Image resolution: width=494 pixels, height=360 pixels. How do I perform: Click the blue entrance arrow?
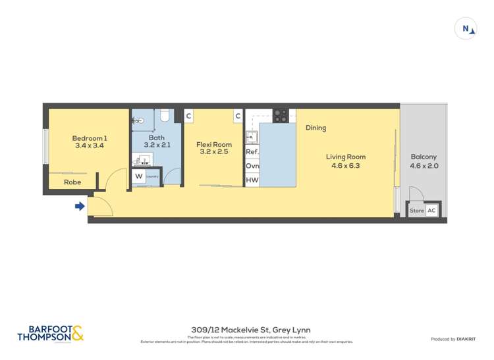point(80,207)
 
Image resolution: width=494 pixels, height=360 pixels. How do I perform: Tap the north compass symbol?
point(466,29)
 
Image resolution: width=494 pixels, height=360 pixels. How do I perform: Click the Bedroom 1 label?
point(88,138)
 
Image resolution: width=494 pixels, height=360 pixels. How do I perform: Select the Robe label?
point(72,182)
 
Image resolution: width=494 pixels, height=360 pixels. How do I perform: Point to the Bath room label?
point(156,138)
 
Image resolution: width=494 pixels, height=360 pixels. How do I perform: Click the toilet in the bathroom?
point(165,116)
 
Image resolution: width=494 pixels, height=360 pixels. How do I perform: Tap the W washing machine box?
point(138,176)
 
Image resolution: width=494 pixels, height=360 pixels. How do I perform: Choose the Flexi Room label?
point(214,145)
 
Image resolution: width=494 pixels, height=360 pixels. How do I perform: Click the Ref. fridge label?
point(252,151)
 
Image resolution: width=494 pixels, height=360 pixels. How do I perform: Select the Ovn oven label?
point(252,166)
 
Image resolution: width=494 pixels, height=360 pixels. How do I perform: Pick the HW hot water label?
point(252,180)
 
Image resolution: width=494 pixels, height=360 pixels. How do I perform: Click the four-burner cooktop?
point(281,115)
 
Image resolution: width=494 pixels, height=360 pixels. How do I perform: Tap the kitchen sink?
point(252,137)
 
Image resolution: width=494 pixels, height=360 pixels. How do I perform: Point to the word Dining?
point(316,128)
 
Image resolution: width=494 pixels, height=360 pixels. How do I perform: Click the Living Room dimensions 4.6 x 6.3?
point(346,166)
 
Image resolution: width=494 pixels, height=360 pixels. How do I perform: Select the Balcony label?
point(424,157)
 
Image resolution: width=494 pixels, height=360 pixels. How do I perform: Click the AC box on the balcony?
point(431,211)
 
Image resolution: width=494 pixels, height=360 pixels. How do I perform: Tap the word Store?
point(417,211)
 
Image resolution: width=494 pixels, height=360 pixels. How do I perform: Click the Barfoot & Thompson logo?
point(51,334)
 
